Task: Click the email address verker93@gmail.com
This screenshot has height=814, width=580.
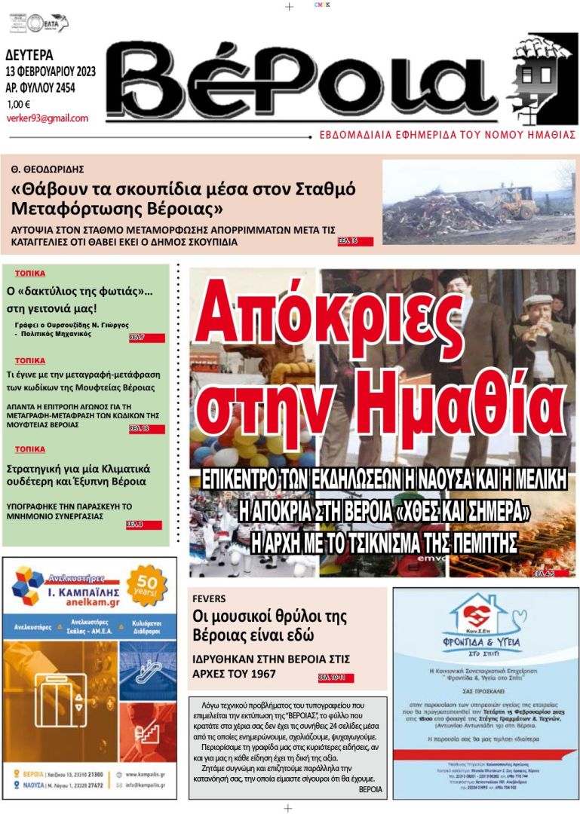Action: pos(47,118)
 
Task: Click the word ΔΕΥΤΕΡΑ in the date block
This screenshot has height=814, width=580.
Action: pos(29,56)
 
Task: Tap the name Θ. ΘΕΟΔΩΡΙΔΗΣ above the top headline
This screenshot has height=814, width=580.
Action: pos(48,169)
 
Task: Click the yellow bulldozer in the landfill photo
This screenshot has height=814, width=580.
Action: pos(519,205)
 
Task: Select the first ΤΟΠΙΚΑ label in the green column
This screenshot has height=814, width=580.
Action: pos(29,274)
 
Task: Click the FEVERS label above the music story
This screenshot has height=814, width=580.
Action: pos(209,598)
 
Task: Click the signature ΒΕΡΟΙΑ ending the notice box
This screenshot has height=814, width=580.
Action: pos(370,790)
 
